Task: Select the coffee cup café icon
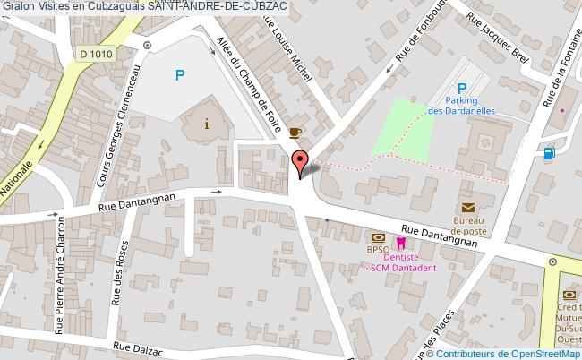(295, 133)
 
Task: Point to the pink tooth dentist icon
(401, 242)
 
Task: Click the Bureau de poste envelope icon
(468, 208)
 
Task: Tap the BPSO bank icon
(378, 238)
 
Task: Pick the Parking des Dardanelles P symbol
(462, 88)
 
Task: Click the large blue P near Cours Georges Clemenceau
(180, 76)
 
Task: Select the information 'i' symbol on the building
(208, 124)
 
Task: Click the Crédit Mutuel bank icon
(569, 296)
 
